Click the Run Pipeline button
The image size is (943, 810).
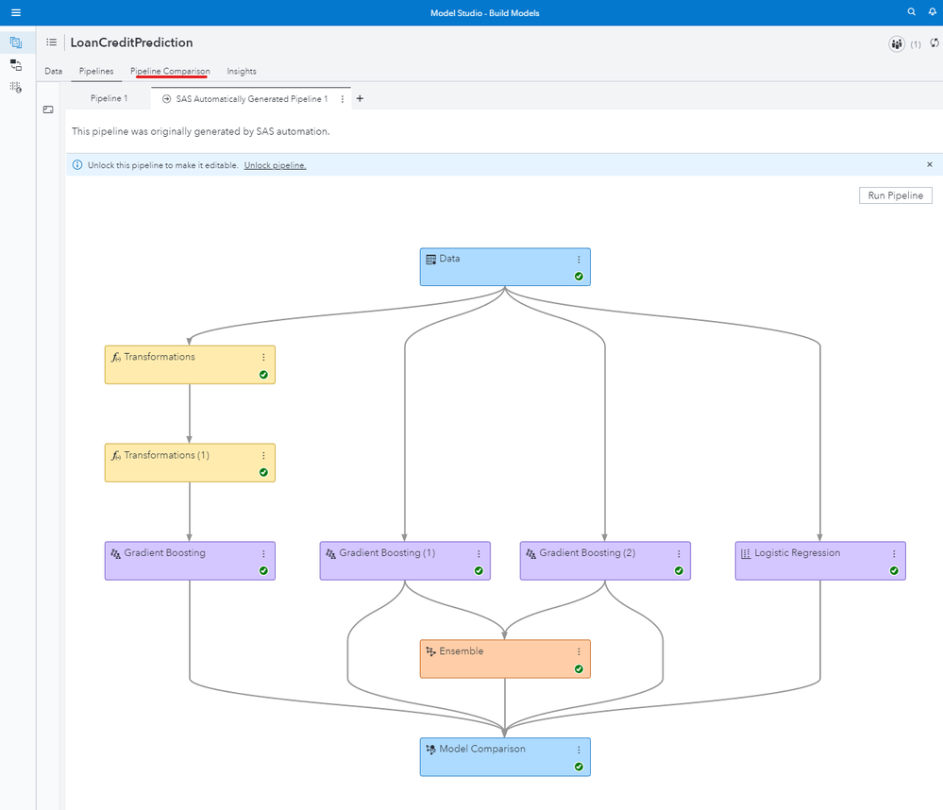[895, 195]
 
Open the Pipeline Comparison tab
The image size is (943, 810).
[170, 71]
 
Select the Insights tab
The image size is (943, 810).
[242, 71]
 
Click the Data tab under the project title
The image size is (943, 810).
[54, 71]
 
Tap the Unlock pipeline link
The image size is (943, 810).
[275, 165]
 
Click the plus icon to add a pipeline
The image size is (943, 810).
[360, 99]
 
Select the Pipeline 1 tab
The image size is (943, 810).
[109, 99]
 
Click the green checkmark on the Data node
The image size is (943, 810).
[579, 277]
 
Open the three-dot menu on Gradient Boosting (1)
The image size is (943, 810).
[479, 554]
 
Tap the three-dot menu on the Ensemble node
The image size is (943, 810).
[579, 652]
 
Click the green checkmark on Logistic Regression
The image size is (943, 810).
[894, 571]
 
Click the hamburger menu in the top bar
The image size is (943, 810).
[16, 12]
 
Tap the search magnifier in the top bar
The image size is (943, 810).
[911, 12]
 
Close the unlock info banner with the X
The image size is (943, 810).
[929, 165]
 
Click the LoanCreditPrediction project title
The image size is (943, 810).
[131, 42]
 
